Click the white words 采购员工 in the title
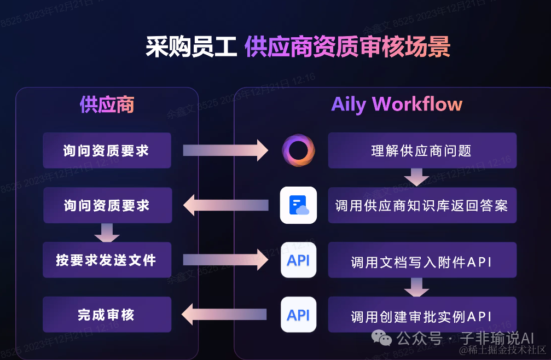[191, 48]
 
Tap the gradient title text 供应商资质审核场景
[347, 48]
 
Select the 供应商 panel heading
[107, 104]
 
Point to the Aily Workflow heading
[397, 104]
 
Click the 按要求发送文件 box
[107, 260]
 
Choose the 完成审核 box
[107, 315]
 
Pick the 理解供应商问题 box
[422, 150]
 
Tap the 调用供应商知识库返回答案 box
[422, 205]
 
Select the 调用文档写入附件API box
[422, 261]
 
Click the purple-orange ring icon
[298, 150]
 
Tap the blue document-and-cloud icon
[298, 205]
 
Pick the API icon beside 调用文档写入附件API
[298, 260]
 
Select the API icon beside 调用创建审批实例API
[298, 315]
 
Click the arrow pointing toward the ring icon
[225, 150]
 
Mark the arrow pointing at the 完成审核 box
[224, 314]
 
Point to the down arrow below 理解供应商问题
[416, 177]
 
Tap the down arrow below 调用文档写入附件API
[416, 286]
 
